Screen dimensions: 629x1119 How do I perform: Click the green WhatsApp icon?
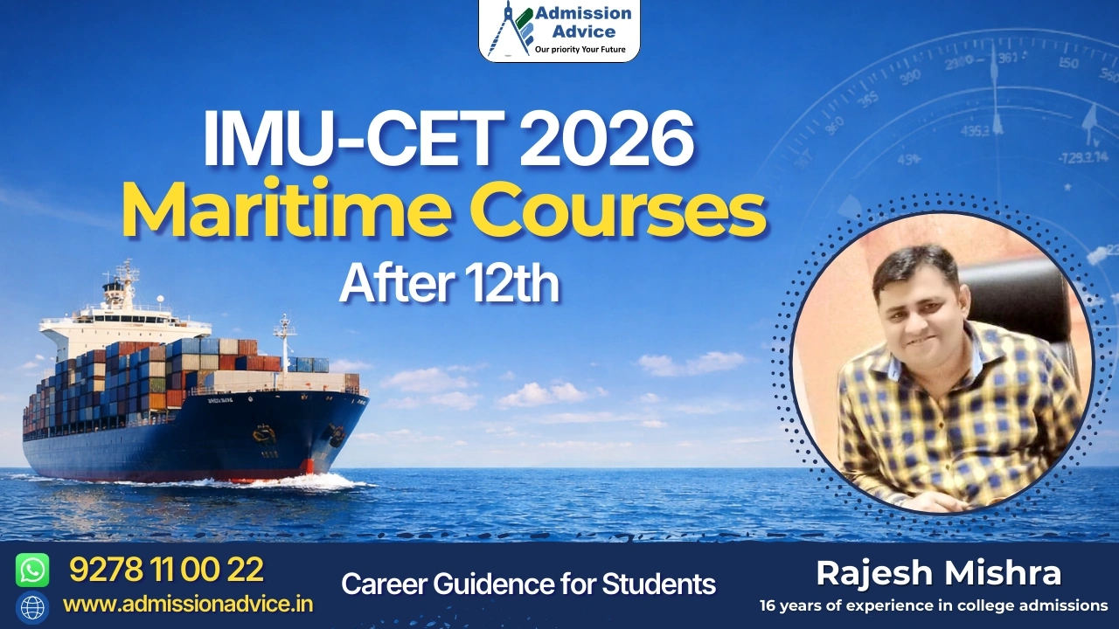point(32,570)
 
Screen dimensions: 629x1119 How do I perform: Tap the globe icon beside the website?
point(32,607)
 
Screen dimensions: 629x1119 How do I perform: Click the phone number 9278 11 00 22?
point(166,570)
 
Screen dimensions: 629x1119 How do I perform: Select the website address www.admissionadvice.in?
point(188,604)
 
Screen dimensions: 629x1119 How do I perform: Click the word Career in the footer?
point(379,584)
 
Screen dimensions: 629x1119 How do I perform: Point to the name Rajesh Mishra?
point(938,574)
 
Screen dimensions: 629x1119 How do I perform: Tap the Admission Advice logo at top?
point(559,30)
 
